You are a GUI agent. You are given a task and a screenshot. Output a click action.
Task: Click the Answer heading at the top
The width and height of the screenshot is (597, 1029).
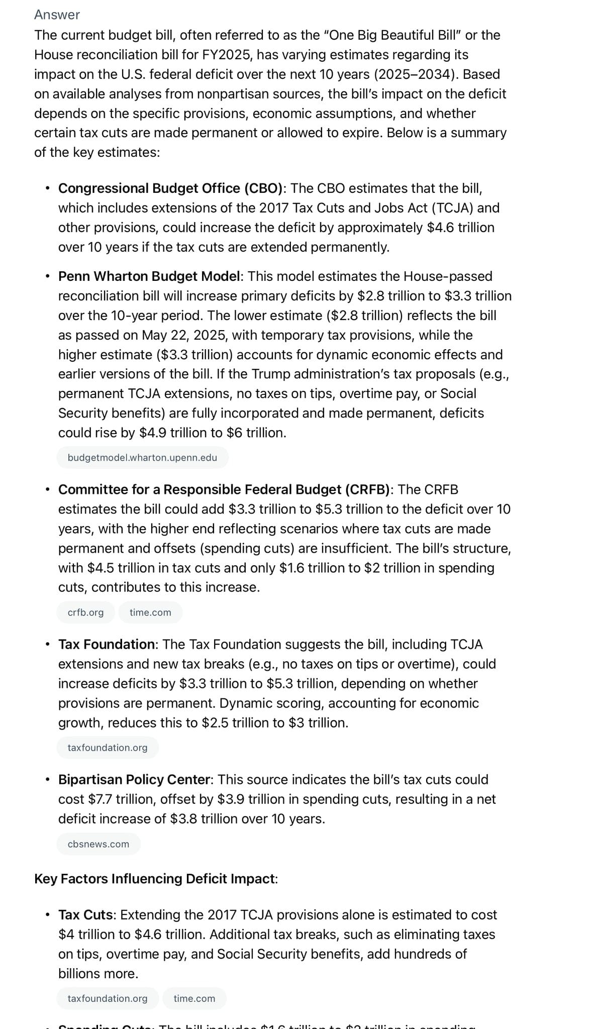(57, 15)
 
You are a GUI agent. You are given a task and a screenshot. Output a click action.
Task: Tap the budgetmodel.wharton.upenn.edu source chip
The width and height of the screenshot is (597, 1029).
(142, 458)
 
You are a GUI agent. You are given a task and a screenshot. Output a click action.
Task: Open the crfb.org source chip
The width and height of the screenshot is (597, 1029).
(85, 612)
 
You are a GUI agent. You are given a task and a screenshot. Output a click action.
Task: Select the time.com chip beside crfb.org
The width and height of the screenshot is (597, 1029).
(150, 612)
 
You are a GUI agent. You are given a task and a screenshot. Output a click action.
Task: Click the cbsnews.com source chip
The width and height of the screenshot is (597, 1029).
(98, 844)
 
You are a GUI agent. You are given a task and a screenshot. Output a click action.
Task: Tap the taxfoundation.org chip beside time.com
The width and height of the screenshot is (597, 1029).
(108, 998)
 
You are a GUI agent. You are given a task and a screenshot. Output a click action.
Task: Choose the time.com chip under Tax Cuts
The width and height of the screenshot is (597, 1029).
(194, 998)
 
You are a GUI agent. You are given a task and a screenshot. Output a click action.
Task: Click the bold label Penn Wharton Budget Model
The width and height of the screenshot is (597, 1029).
(149, 276)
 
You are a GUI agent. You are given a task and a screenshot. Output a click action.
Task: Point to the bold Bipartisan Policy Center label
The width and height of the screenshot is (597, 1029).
(134, 779)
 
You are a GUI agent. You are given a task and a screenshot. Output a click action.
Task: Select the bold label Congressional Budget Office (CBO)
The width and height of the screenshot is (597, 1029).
(170, 188)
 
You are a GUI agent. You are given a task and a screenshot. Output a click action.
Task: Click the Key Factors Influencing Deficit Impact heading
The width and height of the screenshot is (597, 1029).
(155, 879)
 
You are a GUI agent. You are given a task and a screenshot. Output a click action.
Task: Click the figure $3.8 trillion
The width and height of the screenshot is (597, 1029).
(204, 818)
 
